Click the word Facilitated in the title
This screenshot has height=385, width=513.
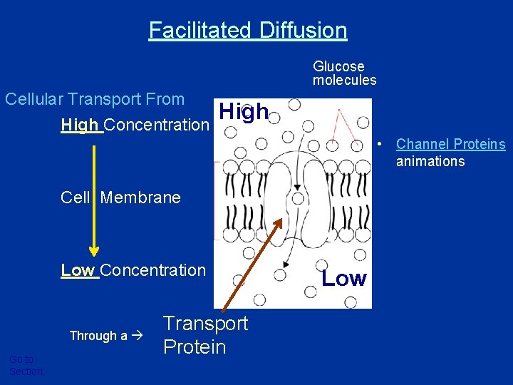click(199, 31)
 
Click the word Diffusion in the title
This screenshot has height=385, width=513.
click(304, 31)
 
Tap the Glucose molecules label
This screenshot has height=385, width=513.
click(344, 73)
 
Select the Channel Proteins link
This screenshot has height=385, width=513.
click(450, 145)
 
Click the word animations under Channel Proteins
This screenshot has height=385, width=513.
click(430, 161)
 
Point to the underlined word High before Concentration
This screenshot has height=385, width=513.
click(81, 125)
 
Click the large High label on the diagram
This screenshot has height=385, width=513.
click(244, 112)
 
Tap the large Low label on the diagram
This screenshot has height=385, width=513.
click(344, 279)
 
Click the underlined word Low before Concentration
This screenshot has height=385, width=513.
click(78, 270)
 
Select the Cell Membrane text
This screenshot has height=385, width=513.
click(121, 197)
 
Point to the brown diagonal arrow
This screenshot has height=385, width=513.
click(252, 264)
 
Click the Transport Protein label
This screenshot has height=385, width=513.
click(205, 335)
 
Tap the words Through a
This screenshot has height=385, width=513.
click(98, 336)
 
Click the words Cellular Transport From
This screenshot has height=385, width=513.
click(95, 99)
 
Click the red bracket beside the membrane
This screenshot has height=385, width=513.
click(214, 199)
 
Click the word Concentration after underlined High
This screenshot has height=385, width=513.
click(157, 125)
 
